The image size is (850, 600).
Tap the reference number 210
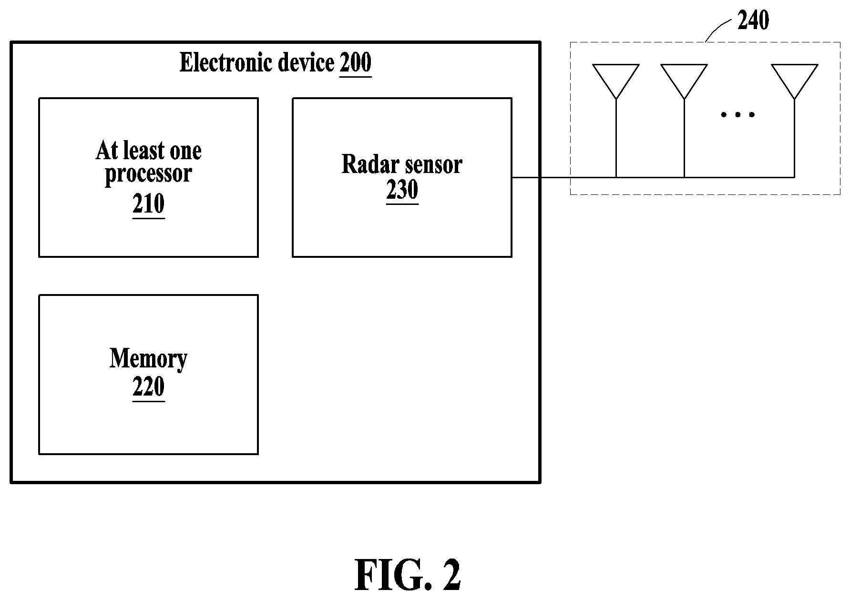point(149,204)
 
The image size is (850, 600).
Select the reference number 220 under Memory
point(149,386)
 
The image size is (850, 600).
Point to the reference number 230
point(402,190)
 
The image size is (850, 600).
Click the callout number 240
point(753,20)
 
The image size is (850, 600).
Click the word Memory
point(149,358)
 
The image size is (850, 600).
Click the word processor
point(148,174)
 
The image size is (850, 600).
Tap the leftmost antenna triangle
point(616,81)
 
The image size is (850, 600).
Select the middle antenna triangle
point(684,81)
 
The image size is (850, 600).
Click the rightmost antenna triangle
point(794,81)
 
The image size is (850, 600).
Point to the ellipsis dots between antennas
point(738,114)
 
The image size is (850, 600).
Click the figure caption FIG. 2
point(408,575)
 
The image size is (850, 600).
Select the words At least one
point(149,151)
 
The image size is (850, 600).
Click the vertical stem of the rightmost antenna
point(794,138)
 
